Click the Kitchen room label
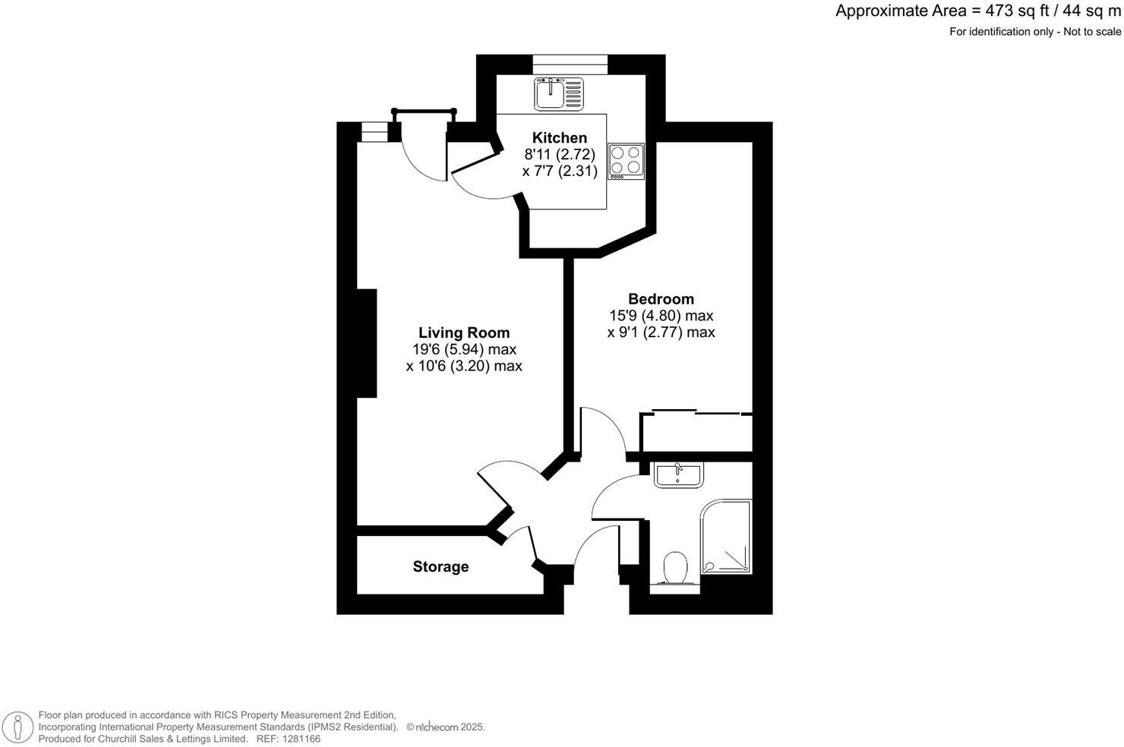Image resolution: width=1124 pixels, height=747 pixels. (x=560, y=137)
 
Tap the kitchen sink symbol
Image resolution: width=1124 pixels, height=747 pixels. (x=558, y=94)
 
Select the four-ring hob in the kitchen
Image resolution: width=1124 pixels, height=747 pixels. (x=626, y=161)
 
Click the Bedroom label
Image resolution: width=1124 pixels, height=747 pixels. (x=661, y=299)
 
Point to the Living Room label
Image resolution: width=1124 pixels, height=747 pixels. (x=464, y=333)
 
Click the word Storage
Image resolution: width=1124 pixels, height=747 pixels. (x=440, y=566)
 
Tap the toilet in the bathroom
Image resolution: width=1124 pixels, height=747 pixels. (x=674, y=568)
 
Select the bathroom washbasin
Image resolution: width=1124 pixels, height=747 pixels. (x=679, y=474)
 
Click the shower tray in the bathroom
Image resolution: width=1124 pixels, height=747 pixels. (x=726, y=537)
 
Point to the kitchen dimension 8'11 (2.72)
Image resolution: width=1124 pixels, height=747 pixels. (x=560, y=154)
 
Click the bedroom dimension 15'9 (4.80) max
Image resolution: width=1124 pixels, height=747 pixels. (x=661, y=316)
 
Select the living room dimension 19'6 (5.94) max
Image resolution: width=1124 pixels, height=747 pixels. (x=464, y=349)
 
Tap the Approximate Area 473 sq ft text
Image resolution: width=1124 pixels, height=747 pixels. (x=978, y=11)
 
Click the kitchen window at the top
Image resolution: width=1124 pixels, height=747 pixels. (x=570, y=64)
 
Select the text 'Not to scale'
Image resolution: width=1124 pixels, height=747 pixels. (x=1092, y=32)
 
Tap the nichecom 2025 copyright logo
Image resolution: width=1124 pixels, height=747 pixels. (x=446, y=727)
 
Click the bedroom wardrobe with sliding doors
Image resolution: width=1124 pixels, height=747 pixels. (x=696, y=433)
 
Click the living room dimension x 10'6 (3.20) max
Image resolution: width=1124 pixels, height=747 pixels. (x=464, y=366)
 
